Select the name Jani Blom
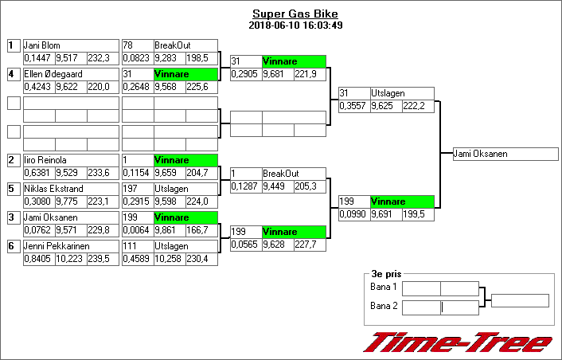(x=42, y=45)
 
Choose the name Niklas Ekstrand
(x=49, y=189)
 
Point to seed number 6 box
(x=13, y=246)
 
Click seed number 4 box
(x=13, y=74)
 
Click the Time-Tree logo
(x=458, y=342)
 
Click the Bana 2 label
(x=383, y=305)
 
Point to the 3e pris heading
(x=385, y=272)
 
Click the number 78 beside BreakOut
(x=128, y=45)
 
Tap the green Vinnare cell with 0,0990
(x=402, y=202)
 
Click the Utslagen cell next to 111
(x=185, y=246)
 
